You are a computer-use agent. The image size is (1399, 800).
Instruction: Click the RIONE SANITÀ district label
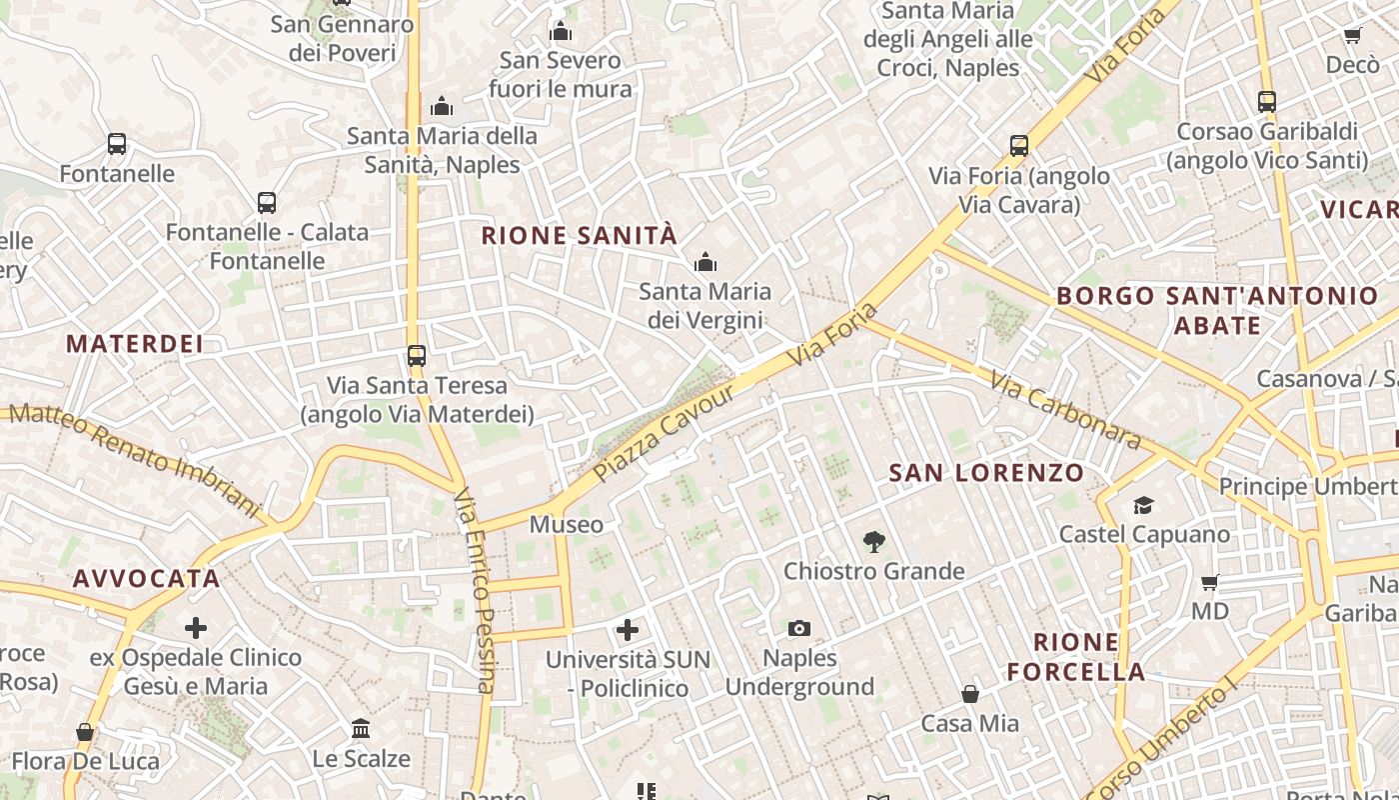[580, 236]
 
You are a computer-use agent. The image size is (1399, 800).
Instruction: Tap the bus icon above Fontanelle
[117, 144]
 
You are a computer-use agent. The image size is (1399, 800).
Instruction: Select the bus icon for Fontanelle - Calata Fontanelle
[267, 203]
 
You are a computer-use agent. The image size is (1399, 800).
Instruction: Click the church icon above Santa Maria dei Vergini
[705, 262]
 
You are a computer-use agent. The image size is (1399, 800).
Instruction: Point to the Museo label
[567, 524]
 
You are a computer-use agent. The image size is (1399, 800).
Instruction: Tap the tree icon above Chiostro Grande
[874, 542]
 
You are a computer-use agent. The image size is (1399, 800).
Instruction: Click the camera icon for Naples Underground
[798, 628]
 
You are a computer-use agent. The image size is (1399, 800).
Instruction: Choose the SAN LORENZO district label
[986, 473]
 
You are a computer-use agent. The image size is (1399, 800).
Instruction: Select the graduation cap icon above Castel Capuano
[1143, 505]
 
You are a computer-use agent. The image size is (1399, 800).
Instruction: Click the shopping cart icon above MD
[1209, 582]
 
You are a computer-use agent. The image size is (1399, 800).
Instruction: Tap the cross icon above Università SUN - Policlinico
[628, 629]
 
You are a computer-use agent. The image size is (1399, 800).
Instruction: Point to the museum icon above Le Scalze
[361, 728]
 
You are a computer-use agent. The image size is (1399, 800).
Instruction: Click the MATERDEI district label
[135, 344]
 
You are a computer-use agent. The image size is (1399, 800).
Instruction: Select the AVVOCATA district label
[146, 578]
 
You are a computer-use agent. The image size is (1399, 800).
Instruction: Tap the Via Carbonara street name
[1066, 410]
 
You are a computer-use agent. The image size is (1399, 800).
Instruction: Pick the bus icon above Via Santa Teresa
[417, 355]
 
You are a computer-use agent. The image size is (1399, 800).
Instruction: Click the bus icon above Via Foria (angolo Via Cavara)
[1019, 146]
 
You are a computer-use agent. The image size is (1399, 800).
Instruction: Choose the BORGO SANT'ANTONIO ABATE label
[1217, 310]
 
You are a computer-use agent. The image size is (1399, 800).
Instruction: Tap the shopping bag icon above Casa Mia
[969, 693]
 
